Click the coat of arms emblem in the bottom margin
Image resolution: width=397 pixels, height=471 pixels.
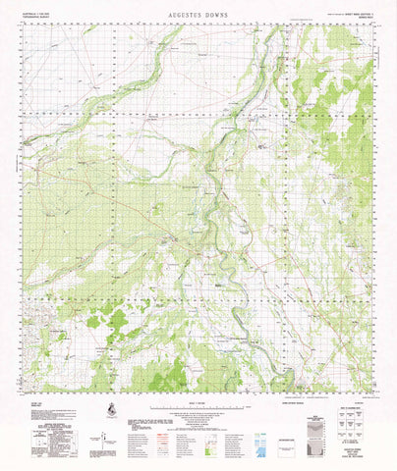pos(112,407)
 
